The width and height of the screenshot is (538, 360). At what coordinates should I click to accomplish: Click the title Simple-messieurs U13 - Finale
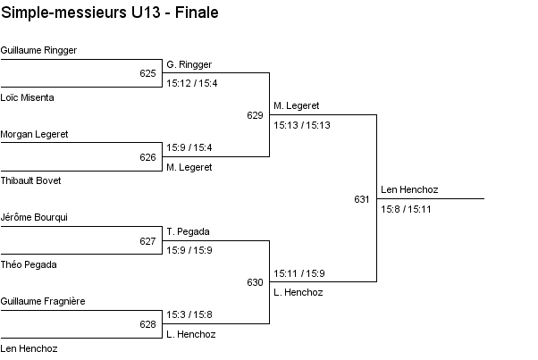(x=110, y=13)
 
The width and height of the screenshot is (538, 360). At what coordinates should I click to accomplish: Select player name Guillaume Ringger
(x=38, y=51)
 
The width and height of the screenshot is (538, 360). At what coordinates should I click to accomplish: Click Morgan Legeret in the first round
(x=35, y=135)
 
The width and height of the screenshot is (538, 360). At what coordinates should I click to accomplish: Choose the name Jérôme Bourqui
(x=34, y=218)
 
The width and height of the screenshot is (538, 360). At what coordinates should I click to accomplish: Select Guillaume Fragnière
(x=43, y=302)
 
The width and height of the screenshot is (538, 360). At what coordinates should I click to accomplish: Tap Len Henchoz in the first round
(x=29, y=348)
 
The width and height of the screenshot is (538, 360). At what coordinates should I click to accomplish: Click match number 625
(x=147, y=73)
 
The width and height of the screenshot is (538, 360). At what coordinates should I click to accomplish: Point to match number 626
(x=147, y=157)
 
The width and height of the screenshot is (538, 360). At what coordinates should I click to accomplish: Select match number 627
(x=147, y=241)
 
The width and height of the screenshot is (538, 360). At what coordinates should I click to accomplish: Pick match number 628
(x=147, y=325)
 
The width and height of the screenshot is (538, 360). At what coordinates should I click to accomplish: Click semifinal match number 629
(x=255, y=115)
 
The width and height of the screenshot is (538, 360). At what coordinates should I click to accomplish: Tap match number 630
(x=255, y=282)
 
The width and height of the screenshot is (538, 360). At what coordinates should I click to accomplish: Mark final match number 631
(x=362, y=199)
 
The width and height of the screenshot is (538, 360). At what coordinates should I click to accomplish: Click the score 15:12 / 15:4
(x=192, y=83)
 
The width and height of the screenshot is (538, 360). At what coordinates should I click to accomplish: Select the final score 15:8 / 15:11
(x=407, y=209)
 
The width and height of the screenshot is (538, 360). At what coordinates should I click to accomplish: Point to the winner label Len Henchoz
(x=409, y=190)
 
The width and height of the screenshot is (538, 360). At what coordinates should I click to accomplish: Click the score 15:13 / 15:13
(x=302, y=125)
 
